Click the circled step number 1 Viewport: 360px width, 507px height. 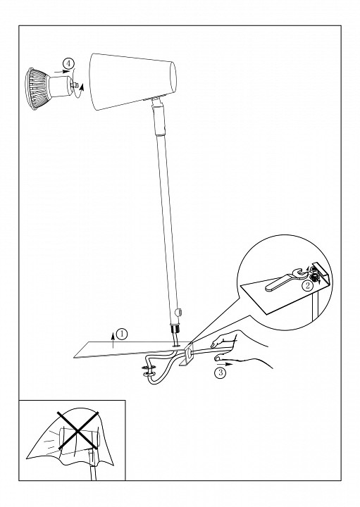click(122, 334)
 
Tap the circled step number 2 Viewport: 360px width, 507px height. click(308, 285)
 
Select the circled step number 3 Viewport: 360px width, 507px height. click(221, 373)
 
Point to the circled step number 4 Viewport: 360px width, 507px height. click(68, 63)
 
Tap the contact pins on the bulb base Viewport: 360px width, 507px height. click(75, 84)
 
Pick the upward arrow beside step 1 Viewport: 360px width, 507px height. click(113, 340)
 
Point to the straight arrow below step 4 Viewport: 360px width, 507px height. click(62, 71)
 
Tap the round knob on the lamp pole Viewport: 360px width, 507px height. click(178, 313)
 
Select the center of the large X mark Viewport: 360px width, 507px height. click(77, 431)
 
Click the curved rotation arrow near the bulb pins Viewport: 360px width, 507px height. click(80, 90)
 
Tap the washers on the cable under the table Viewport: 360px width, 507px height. click(148, 370)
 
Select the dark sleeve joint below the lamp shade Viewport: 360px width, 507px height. click(159, 119)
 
